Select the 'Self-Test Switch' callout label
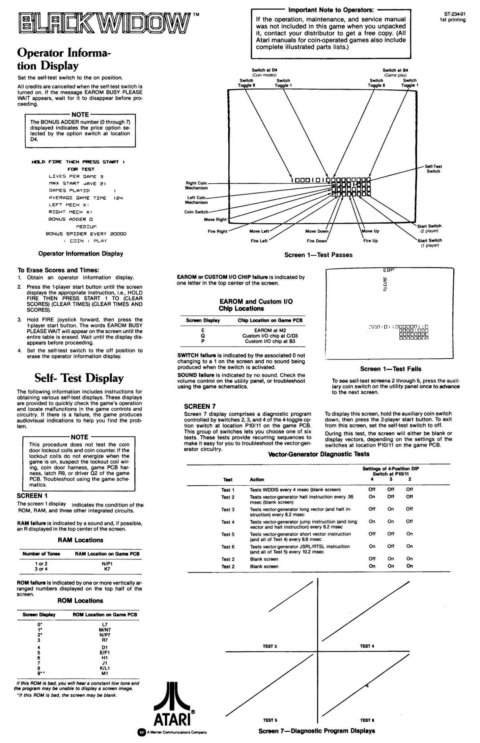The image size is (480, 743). (433, 169)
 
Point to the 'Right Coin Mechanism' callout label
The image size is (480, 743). (196, 185)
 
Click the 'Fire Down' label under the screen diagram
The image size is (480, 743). (317, 241)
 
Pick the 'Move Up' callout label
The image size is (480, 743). (370, 231)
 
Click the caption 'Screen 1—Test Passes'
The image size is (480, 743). (318, 255)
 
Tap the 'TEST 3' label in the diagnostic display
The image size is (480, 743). (270, 646)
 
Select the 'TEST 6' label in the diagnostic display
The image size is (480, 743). (367, 720)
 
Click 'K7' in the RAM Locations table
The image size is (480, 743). (107, 569)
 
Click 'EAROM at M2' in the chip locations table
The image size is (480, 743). (270, 330)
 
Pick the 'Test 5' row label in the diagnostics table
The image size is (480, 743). (228, 534)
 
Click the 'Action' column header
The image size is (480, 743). (257, 480)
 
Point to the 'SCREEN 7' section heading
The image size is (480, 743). (200, 406)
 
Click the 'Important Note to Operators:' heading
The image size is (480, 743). (331, 10)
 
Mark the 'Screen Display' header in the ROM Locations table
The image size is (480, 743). (39, 615)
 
